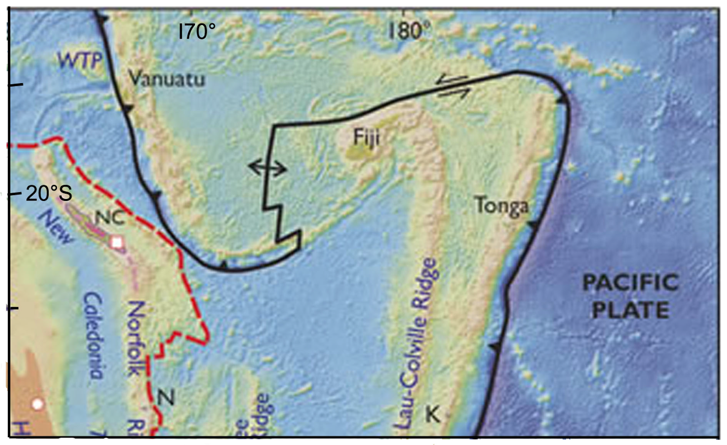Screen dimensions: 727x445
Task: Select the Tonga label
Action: point(502,206)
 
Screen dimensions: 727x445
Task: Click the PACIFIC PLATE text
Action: point(631,296)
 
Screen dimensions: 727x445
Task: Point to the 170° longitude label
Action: point(197,32)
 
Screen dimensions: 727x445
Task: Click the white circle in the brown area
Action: point(37,404)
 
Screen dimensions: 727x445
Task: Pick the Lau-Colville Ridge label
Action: point(417,343)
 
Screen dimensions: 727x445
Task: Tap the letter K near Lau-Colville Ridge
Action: point(432,414)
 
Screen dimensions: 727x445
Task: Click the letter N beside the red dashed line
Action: point(166,398)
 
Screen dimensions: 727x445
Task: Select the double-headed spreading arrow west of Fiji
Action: point(268,168)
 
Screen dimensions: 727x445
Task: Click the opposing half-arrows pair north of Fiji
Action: point(452,87)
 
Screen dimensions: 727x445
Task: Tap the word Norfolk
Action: point(136,339)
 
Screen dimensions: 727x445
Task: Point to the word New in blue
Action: point(55,227)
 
